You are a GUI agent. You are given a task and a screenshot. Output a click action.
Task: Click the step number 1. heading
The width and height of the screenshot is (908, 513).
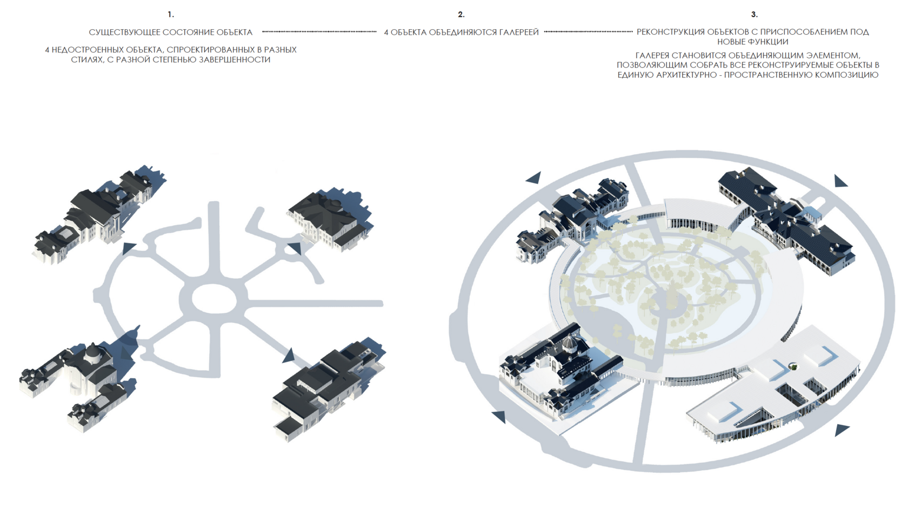tap(171, 15)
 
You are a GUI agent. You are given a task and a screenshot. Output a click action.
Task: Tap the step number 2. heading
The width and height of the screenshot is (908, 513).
tap(461, 15)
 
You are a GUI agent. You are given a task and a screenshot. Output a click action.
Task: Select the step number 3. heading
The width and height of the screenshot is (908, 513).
tap(754, 15)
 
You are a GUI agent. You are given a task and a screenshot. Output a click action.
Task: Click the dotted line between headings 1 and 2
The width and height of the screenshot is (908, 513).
tap(319, 31)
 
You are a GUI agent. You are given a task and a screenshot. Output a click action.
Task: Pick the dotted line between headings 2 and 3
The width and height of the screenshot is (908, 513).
tap(588, 31)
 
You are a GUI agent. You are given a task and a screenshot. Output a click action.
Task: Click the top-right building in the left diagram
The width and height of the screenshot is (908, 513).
tap(330, 219)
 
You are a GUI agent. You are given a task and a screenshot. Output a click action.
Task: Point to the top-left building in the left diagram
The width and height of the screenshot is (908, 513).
tap(97, 217)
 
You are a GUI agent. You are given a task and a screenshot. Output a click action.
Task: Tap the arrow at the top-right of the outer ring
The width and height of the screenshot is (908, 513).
tap(841, 181)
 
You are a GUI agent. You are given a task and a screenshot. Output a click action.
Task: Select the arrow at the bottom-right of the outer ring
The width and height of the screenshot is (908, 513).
tap(842, 430)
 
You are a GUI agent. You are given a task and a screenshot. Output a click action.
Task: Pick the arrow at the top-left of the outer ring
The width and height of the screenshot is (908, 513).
tap(533, 177)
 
